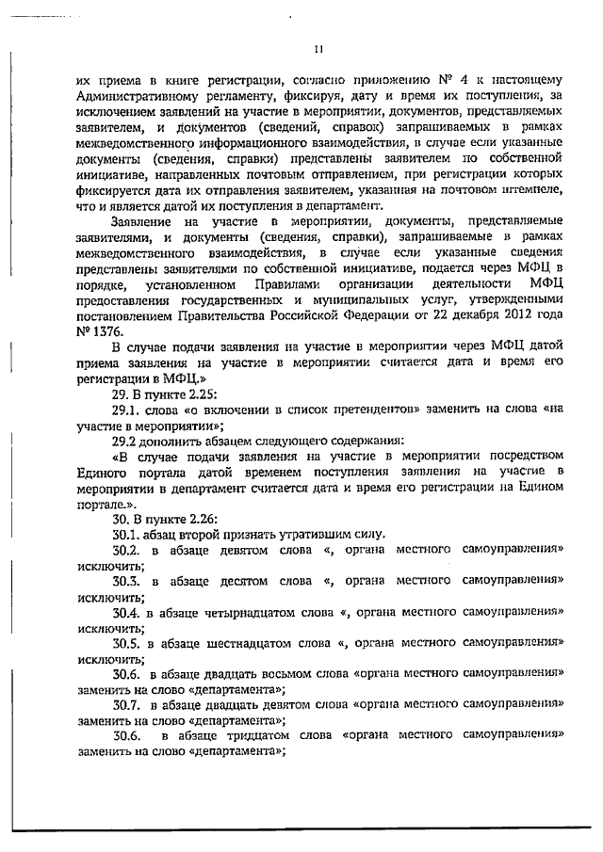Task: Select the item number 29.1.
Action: point(126,410)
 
